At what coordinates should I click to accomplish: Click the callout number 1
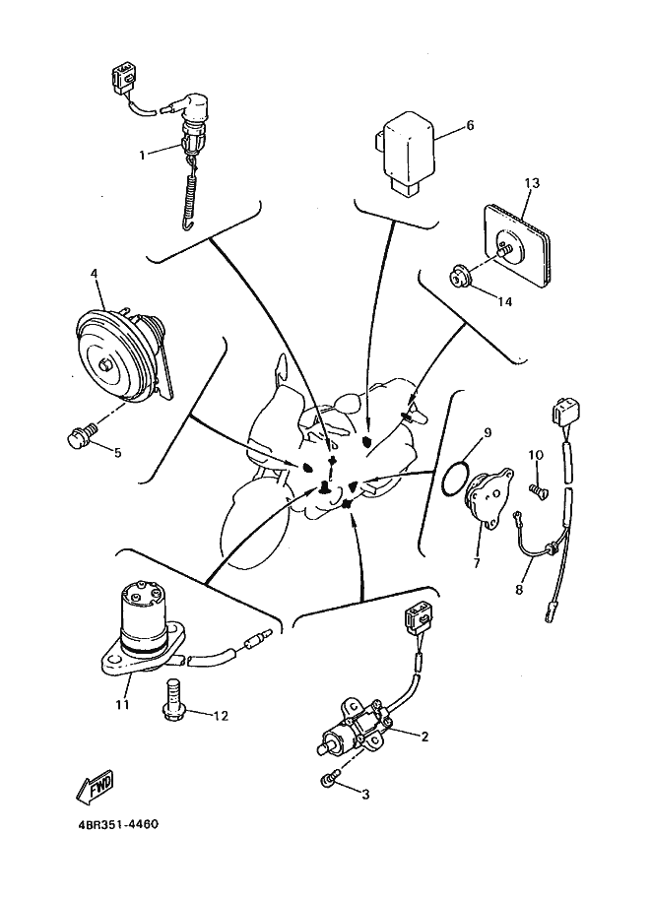[x=143, y=154]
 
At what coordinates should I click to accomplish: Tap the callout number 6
[x=470, y=126]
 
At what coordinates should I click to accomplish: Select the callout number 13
[x=533, y=184]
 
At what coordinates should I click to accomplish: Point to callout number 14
[x=504, y=301]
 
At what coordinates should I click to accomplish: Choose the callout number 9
[x=486, y=432]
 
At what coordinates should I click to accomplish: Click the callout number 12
[x=221, y=716]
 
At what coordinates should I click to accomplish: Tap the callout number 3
[x=365, y=794]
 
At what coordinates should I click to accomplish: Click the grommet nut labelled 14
[x=461, y=277]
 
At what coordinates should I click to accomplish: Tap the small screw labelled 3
[x=331, y=780]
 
